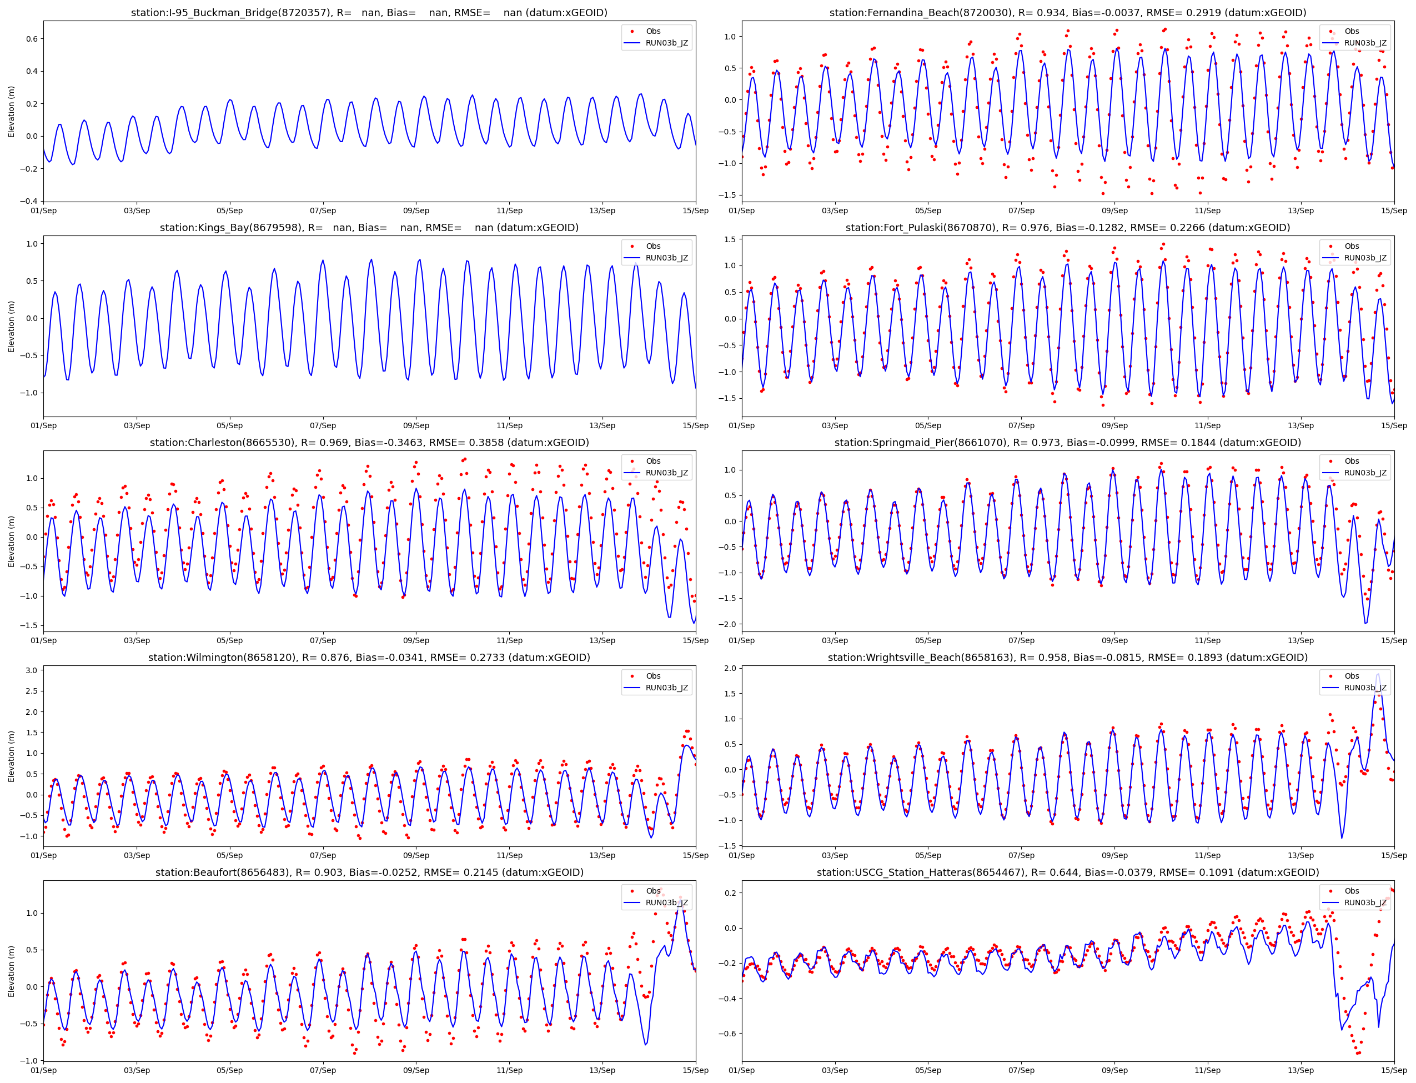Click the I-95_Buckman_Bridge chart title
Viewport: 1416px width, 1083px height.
369,13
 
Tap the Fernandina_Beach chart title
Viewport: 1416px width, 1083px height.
1067,13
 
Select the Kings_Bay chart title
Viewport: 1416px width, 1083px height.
369,228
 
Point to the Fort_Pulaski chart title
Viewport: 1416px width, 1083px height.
1067,228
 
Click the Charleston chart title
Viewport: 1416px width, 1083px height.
369,443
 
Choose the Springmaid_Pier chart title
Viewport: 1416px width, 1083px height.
1067,443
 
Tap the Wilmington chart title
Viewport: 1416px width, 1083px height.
369,658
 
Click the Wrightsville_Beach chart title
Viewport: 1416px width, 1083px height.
1067,658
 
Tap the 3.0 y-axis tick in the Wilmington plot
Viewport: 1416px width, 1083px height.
31,670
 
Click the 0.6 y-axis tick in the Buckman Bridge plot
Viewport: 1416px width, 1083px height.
31,39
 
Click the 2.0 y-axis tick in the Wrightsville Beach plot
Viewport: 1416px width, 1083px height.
730,669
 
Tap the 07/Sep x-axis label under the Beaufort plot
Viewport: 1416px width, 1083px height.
322,1071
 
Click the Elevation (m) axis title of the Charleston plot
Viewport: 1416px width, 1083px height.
11,541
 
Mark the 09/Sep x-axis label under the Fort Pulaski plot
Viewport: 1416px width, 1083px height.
1114,425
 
